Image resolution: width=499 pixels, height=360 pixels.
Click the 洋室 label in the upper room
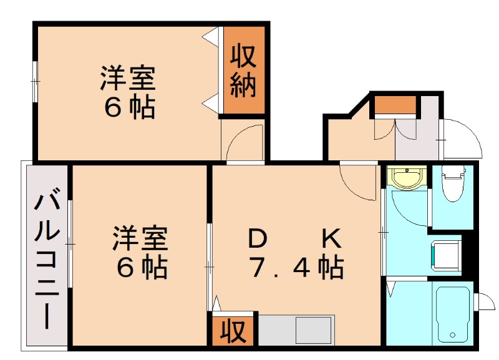128,80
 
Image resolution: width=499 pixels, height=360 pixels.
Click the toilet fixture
452,182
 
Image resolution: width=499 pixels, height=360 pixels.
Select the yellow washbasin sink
406,178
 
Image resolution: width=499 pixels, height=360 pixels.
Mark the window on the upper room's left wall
36,80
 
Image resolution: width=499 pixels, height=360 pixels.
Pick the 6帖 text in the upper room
128,109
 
